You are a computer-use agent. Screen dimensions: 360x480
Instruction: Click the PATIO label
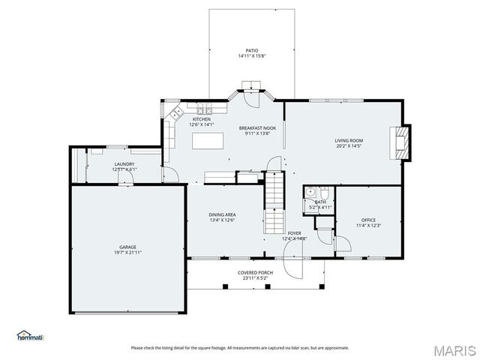241,50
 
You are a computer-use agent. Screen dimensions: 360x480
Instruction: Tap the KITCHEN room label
201,119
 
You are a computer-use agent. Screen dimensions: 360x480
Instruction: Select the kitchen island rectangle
209,141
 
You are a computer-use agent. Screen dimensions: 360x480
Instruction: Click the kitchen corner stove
177,113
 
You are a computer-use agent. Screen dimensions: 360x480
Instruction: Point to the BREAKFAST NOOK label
258,128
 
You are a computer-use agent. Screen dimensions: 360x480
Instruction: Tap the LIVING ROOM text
349,140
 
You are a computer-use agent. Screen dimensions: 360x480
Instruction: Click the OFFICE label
368,220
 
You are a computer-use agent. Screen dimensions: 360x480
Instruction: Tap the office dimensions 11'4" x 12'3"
368,226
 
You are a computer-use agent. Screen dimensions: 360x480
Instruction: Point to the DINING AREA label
222,215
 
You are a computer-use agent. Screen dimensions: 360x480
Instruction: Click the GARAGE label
127,247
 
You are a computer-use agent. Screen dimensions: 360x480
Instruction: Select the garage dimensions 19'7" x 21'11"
127,253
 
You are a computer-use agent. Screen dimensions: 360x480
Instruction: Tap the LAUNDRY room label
124,163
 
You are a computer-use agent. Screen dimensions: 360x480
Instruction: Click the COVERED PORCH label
253,272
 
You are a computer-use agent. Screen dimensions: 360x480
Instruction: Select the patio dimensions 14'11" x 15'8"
241,56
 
